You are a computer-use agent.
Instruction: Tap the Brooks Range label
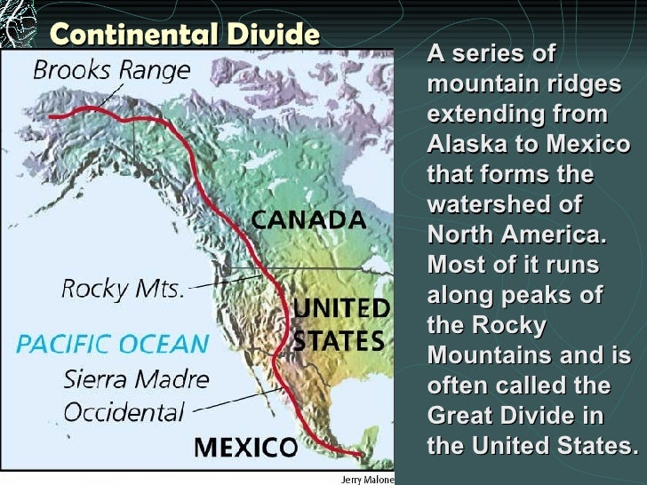(112, 70)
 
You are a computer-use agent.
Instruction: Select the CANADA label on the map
(308, 219)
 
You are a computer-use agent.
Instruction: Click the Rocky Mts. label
(123, 288)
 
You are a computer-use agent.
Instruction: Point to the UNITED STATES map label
(340, 324)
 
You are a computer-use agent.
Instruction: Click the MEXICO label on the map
(244, 446)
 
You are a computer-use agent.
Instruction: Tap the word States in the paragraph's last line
(591, 445)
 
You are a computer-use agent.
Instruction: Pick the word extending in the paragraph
(485, 115)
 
